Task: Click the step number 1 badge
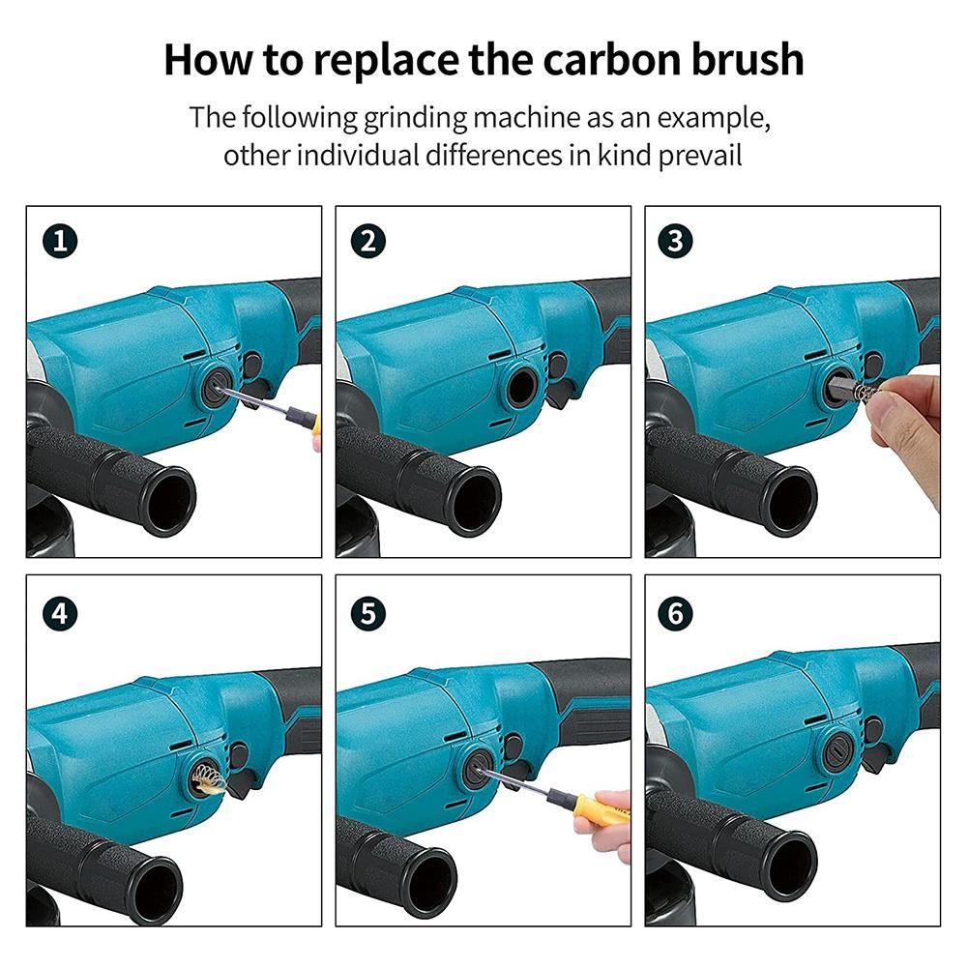(60, 241)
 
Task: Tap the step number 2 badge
(367, 241)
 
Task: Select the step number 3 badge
(675, 241)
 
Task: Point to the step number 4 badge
(60, 614)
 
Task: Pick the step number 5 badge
(367, 614)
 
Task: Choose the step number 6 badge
(675, 614)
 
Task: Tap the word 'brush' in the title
(747, 60)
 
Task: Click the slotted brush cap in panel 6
(838, 752)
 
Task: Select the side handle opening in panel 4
(155, 889)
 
